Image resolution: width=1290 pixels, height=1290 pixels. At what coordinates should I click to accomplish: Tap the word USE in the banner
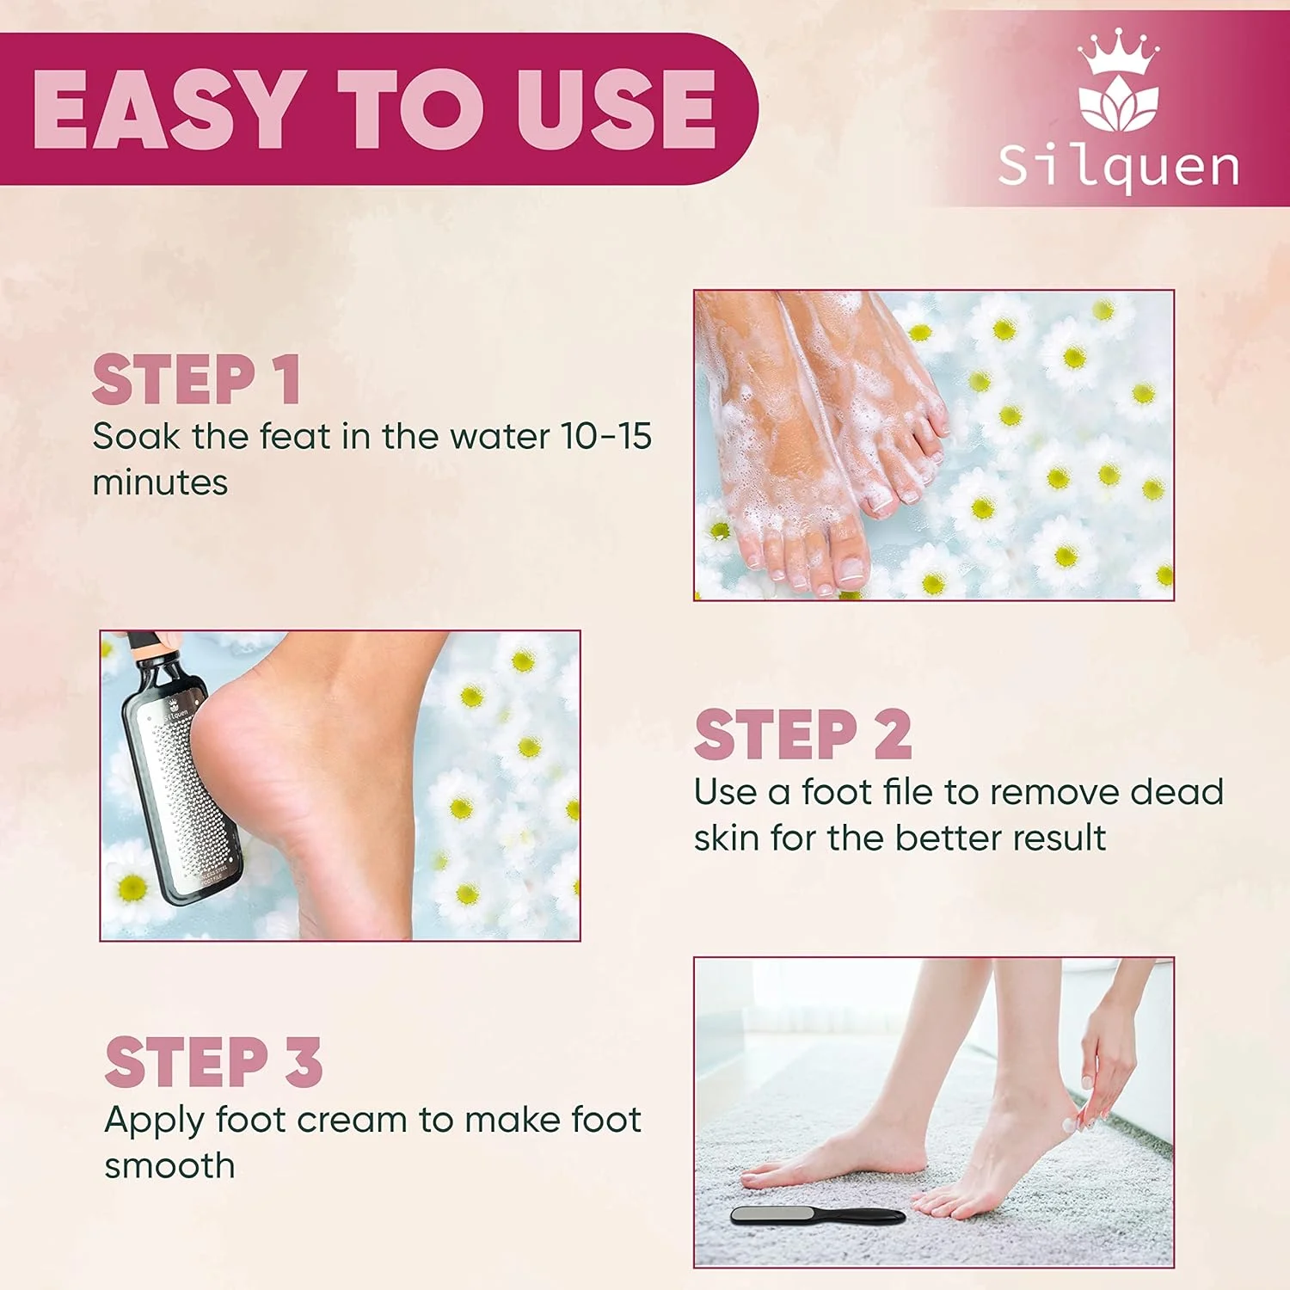click(x=617, y=109)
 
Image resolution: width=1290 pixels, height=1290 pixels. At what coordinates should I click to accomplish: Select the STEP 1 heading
click(x=197, y=379)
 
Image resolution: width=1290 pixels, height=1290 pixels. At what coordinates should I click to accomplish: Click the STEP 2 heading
click(x=802, y=734)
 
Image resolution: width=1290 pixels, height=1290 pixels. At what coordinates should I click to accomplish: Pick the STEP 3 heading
click(x=213, y=1062)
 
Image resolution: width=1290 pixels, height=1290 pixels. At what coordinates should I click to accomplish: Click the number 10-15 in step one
click(x=606, y=436)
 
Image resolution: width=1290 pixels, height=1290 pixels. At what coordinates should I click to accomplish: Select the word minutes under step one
click(x=160, y=482)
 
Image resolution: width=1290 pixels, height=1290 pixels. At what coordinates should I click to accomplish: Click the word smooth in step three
click(x=169, y=1166)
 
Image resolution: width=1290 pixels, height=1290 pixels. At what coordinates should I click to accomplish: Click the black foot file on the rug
click(x=817, y=1215)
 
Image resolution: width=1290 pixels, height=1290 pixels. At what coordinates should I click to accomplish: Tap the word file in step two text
click(x=908, y=791)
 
